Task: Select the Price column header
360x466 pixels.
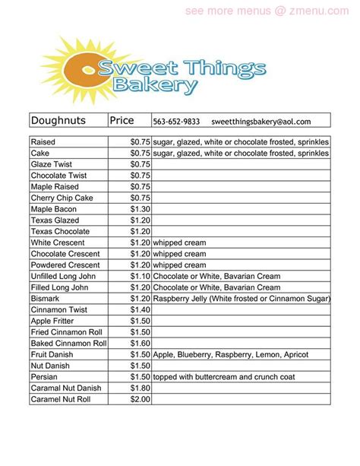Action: pyautogui.click(x=122, y=120)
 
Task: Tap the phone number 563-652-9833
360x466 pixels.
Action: pyautogui.click(x=175, y=121)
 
